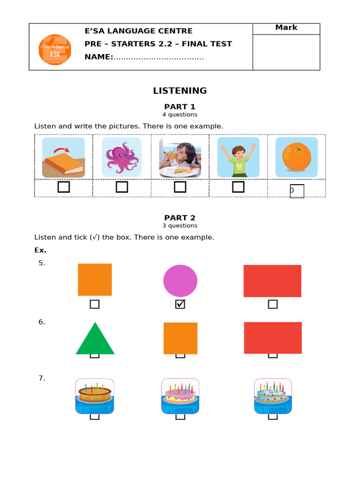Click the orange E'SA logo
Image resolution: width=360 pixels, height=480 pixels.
(55, 50)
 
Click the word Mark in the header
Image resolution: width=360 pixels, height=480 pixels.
(286, 28)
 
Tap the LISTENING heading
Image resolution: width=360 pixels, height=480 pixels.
(180, 90)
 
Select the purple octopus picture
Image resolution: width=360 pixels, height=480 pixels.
(122, 157)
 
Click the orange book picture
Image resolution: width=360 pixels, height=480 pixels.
(63, 157)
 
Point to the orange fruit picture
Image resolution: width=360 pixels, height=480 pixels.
(296, 157)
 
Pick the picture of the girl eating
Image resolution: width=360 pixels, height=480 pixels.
(180, 157)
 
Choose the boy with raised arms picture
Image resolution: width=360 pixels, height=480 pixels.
(238, 157)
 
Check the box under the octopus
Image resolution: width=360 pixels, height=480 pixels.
(122, 187)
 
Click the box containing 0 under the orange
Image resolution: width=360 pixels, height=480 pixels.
(297, 191)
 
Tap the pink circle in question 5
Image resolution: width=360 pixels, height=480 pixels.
(180, 281)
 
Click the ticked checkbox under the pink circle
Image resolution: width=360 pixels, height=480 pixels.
(180, 304)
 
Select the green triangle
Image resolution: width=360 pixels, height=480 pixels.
(95, 340)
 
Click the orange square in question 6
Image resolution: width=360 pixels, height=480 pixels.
(180, 338)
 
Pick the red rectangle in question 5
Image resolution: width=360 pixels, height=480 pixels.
(272, 281)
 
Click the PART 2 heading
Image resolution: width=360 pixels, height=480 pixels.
(180, 218)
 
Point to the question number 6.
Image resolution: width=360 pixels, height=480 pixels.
(42, 322)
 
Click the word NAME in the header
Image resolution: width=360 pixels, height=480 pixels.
(98, 57)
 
